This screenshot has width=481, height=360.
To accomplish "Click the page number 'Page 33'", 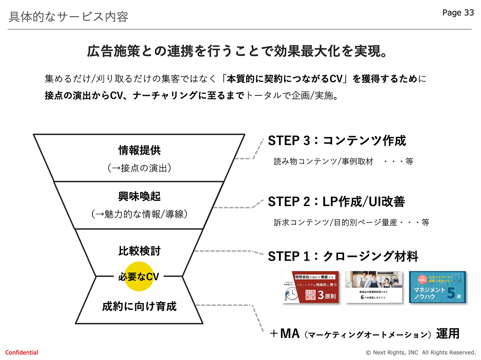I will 458,13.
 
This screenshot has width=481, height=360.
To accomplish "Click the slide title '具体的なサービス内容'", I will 68,17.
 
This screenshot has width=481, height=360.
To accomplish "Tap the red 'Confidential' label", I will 22,353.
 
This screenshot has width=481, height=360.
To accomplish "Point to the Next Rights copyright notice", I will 420,353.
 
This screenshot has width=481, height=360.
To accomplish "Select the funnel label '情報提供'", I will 139,150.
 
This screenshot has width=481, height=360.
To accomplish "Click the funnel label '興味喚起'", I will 139,197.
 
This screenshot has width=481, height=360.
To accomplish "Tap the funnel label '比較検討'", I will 139,251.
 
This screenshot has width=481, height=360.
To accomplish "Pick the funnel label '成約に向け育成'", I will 139,306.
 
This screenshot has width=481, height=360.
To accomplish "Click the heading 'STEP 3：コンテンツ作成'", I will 337,140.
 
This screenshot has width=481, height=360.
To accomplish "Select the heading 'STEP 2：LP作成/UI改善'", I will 336,202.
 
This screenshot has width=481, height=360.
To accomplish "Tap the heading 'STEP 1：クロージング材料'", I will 343,256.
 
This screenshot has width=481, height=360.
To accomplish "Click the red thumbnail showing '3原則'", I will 310,287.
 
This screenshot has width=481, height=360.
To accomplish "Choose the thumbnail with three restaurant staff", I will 373,287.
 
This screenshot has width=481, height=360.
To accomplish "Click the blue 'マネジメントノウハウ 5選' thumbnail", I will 437,287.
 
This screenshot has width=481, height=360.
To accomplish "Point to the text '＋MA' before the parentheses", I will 284,334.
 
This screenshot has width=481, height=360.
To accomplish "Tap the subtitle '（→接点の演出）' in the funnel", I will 139,168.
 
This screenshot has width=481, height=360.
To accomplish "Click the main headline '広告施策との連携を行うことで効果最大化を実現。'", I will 237,52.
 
